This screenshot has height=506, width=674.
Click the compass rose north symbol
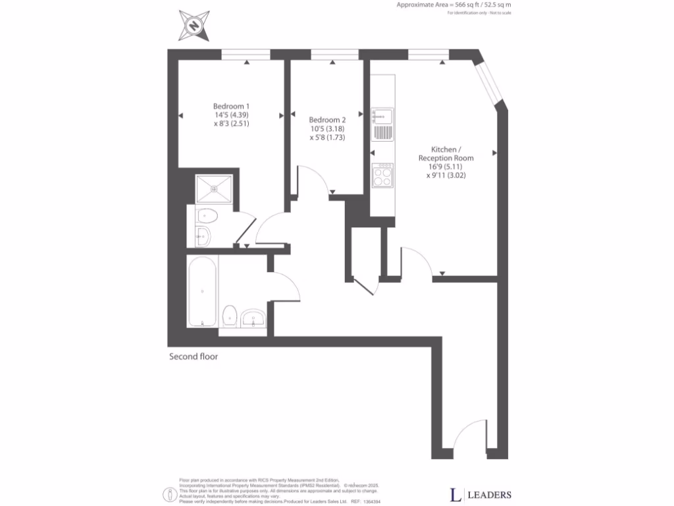194,26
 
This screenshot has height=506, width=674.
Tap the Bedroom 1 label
231,106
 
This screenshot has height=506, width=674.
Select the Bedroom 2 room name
327,120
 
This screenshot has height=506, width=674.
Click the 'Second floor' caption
194,357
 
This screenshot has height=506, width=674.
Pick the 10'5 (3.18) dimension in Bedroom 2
327,129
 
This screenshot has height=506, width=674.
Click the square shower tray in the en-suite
214,187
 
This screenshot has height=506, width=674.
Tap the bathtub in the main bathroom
202,291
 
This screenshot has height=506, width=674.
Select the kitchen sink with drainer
382,125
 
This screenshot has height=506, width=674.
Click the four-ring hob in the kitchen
382,175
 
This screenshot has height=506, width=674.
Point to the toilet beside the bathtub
230,316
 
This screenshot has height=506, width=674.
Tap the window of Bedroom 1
246,54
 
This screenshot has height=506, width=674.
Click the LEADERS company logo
480,494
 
